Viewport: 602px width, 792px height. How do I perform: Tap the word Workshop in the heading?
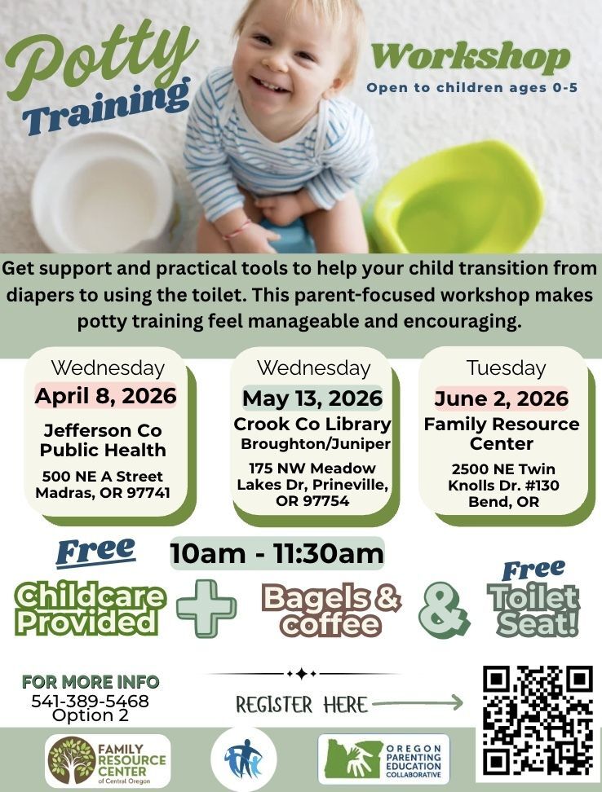pos(471,56)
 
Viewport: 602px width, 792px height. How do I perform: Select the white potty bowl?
pos(104,193)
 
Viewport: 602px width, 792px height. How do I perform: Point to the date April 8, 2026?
pos(106,395)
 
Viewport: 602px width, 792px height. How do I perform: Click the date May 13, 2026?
pos(312,398)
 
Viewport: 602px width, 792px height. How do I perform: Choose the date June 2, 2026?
pos(502,398)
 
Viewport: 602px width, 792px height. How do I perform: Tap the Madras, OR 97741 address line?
pos(103,492)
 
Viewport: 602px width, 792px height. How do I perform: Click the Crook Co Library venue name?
pos(312,424)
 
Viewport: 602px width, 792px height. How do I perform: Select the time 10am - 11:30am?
pos(277,553)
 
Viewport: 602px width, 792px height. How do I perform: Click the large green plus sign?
pos(206,608)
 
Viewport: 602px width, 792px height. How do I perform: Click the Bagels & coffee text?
pos(331,609)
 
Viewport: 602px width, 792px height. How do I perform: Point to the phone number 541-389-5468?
pos(90,701)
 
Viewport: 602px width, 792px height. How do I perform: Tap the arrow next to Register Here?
pos(418,702)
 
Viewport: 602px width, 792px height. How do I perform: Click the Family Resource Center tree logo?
pos(72,760)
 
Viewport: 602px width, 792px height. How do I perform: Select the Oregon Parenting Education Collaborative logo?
pos(383,759)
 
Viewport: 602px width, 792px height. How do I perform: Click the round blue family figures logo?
pos(244,759)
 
